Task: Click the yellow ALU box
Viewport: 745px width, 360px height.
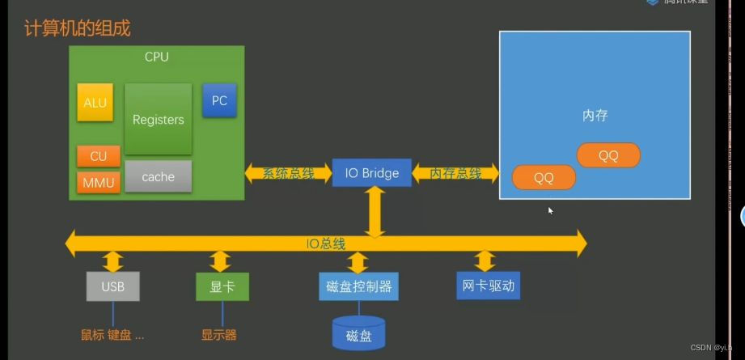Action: (95, 103)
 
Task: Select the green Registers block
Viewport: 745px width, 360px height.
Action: (159, 119)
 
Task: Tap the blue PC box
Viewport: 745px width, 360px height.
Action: (219, 101)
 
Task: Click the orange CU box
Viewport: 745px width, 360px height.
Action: (98, 156)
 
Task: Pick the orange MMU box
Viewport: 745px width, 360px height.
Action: (98, 183)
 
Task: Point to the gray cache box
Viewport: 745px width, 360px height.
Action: (159, 176)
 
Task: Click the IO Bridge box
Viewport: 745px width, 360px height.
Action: (372, 173)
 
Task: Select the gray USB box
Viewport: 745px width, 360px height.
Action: (112, 286)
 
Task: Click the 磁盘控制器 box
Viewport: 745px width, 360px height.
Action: (358, 286)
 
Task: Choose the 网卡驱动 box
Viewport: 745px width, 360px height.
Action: (487, 285)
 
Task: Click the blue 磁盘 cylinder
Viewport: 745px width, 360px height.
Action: (358, 334)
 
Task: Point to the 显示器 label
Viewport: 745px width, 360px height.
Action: (219, 335)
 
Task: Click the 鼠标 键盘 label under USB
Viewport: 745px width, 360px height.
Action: (112, 335)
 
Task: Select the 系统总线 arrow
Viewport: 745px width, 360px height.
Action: (288, 173)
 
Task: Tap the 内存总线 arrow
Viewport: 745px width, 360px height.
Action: (455, 173)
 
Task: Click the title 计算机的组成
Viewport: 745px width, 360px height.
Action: (78, 29)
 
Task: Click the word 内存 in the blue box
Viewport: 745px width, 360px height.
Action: (595, 115)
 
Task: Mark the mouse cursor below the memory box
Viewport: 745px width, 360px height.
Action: (551, 211)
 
